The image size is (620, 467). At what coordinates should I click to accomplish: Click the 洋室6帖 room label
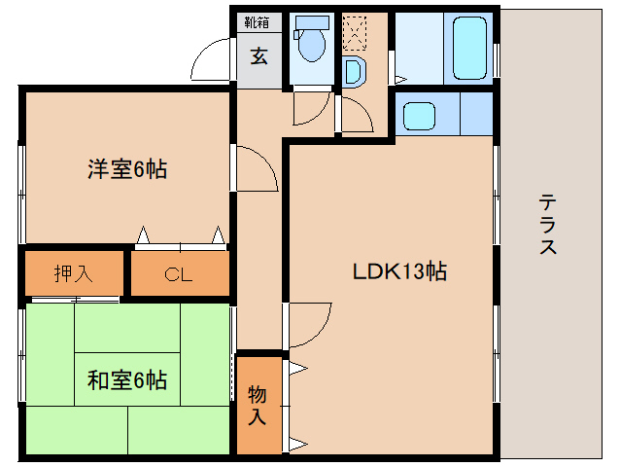tap(127, 169)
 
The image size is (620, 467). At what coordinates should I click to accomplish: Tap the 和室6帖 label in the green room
tap(127, 379)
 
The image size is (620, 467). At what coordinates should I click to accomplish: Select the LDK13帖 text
tap(398, 273)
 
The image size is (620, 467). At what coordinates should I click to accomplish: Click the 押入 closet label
tap(73, 273)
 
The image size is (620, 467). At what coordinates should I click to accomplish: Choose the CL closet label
tap(179, 274)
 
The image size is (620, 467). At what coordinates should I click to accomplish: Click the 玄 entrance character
tap(258, 55)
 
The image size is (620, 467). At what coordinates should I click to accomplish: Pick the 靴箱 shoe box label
tap(257, 22)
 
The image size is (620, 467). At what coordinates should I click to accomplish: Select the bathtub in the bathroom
tap(468, 48)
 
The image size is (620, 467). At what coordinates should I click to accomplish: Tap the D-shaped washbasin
tap(353, 71)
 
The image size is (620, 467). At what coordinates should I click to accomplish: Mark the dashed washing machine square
tap(356, 33)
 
